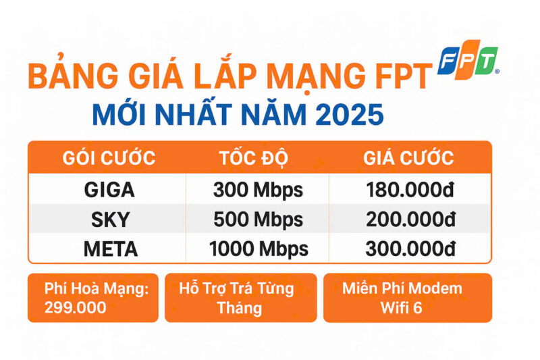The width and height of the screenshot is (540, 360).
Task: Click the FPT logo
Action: point(468,61)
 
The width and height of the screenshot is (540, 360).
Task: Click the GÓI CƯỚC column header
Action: point(109,159)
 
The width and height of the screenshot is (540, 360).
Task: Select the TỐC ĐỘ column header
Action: point(254,159)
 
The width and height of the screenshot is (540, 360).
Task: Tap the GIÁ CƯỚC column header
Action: point(408,159)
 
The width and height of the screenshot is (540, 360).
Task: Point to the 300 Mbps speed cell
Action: point(258,190)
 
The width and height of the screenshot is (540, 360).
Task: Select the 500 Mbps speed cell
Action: point(258,220)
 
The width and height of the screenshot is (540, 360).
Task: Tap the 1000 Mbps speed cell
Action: point(259,249)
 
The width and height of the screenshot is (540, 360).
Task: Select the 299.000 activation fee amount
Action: point(75,308)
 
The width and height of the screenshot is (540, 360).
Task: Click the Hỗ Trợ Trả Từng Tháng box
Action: point(240,298)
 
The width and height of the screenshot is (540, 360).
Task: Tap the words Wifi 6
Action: point(402,308)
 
